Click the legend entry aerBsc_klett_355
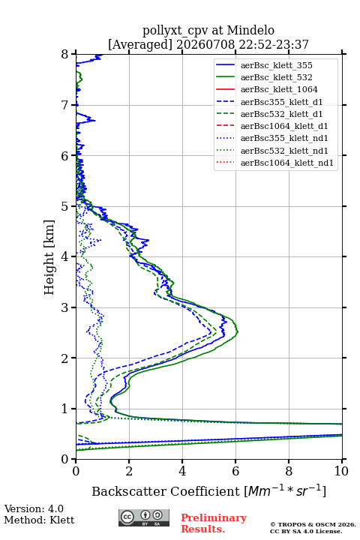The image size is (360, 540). [x=276, y=65]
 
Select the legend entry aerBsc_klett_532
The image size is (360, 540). [x=276, y=77]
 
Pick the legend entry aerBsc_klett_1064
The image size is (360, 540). [x=279, y=89]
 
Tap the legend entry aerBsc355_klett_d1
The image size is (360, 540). [x=281, y=102]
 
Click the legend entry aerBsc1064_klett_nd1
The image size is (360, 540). [x=287, y=163]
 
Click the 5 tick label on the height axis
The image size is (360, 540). [x=65, y=206]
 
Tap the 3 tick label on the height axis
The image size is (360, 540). [x=65, y=307]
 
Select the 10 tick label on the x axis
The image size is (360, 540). [x=341, y=471]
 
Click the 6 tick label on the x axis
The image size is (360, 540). [x=235, y=471]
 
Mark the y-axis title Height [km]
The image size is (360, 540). [x=49, y=257]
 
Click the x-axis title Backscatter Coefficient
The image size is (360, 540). [x=166, y=491]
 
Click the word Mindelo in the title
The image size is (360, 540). [x=250, y=30]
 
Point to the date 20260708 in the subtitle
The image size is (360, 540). [x=205, y=44]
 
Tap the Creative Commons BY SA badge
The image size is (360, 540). [x=144, y=517]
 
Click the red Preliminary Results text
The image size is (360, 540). [x=214, y=523]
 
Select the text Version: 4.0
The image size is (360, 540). [x=34, y=508]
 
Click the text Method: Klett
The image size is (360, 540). [x=39, y=520]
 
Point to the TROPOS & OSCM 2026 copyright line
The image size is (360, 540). [x=313, y=524]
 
